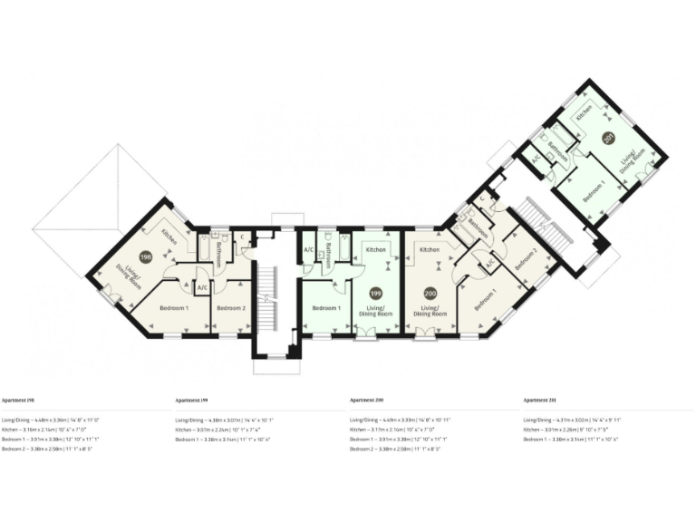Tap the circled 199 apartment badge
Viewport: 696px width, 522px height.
[x=375, y=294]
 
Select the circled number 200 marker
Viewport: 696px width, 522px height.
[x=430, y=294]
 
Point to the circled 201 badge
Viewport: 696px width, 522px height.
[x=608, y=138]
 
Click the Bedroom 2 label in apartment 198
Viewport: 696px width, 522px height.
[x=231, y=308]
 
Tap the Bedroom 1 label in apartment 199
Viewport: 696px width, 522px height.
[x=326, y=308]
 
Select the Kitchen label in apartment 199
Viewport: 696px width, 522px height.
[x=376, y=249]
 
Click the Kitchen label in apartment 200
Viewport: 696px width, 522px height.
[x=430, y=249]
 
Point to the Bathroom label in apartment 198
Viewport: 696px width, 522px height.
[x=220, y=254]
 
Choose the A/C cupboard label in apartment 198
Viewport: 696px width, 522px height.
[x=201, y=288]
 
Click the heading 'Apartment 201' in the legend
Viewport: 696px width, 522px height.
[x=540, y=399]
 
